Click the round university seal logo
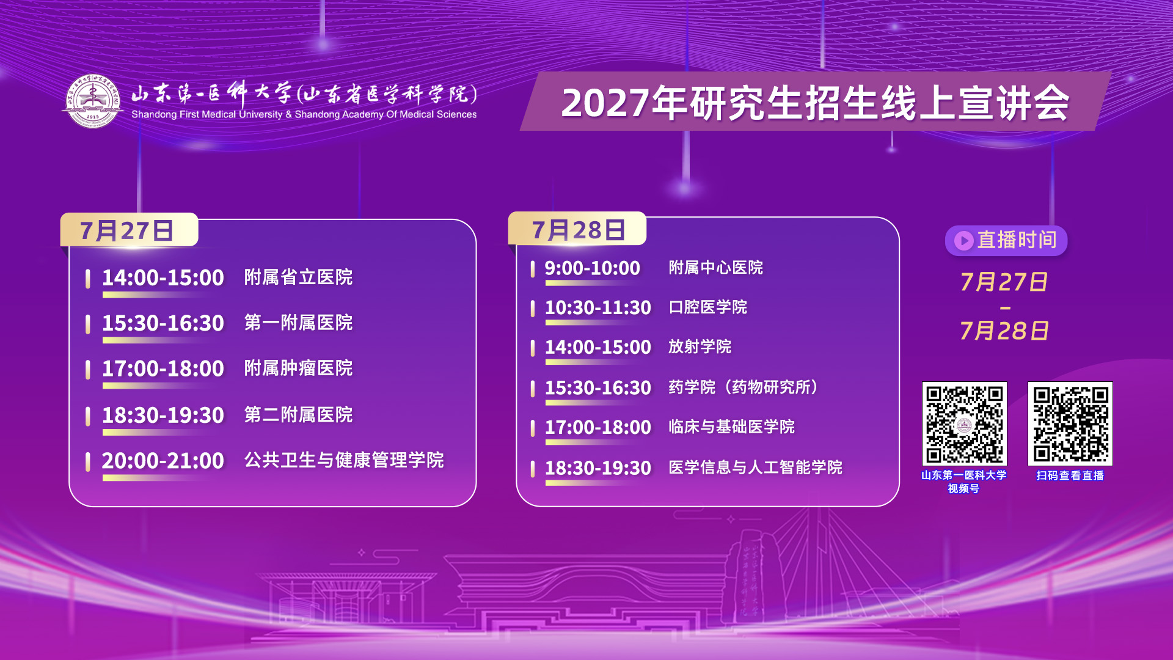point(93,101)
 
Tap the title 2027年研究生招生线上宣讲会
point(816,103)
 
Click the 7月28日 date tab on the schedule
point(577,229)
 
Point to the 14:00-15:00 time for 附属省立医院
point(163,277)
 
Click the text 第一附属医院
point(298,323)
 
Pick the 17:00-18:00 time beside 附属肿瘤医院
point(163,369)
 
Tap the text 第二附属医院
point(298,415)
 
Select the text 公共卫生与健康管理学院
point(344,460)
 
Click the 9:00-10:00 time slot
point(593,268)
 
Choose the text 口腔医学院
point(708,307)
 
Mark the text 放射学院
point(700,346)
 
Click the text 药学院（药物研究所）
point(744,387)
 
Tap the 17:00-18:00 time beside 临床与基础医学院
point(598,427)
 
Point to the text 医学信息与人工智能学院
point(756,468)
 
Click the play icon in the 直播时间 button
point(963,240)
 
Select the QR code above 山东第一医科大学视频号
point(965,424)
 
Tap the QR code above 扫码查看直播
point(1070,424)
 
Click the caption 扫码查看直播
point(1070,475)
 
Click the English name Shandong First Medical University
point(207,114)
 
